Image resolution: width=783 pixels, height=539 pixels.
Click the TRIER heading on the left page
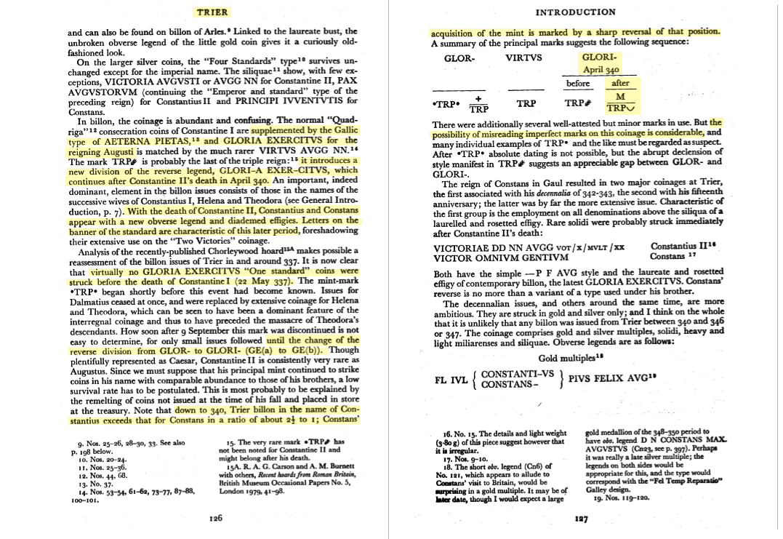point(212,12)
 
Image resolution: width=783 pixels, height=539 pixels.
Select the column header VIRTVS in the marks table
point(523,59)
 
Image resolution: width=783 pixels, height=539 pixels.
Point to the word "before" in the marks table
point(577,84)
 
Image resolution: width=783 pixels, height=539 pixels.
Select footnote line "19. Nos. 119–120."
point(616,500)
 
